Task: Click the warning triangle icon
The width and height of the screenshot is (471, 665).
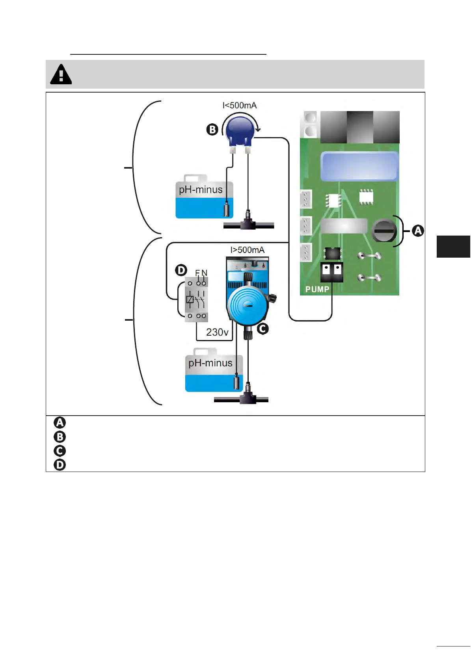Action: pos(61,74)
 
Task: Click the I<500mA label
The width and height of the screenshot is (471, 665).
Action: pos(240,106)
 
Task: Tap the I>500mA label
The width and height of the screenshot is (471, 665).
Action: pos(248,250)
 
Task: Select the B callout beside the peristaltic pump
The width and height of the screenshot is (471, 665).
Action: pos(212,130)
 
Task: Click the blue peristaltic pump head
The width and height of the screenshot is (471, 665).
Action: pos(240,131)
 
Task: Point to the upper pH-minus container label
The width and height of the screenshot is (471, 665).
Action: pos(201,190)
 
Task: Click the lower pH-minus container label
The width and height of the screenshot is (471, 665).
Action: pos(210,363)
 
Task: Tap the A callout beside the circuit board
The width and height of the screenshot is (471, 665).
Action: pos(418,231)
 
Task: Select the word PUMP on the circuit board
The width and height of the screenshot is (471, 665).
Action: pos(317,289)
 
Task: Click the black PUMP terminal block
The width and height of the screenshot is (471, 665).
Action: pos(331,272)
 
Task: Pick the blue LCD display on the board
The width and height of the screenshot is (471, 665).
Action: pos(359,166)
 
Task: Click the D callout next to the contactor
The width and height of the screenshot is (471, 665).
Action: pos(181,270)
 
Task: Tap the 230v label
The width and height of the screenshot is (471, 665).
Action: pos(217,332)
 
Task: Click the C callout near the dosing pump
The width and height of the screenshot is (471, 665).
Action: pos(263,329)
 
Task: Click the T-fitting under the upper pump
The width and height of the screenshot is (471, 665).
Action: pos(248,223)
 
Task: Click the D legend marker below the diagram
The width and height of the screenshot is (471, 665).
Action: pos(60,465)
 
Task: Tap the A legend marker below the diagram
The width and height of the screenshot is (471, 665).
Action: pos(60,423)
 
